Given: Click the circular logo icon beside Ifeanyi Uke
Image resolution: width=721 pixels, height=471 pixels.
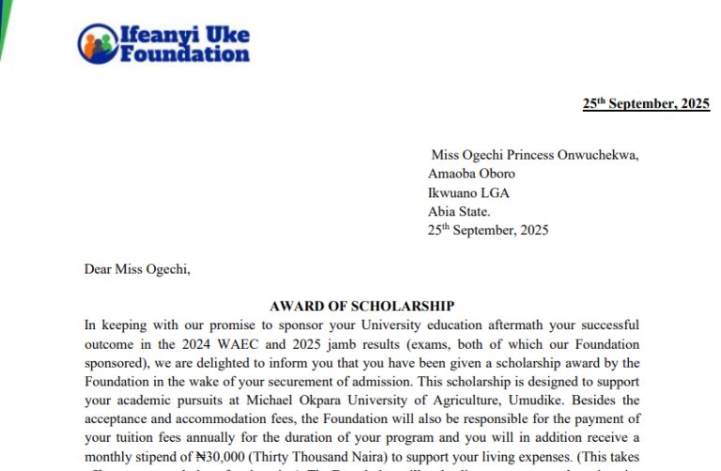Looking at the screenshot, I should coord(96,43).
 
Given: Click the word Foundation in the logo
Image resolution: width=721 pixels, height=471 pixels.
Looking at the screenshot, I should coord(185,53).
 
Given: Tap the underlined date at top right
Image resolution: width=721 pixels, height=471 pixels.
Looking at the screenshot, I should coord(646,104).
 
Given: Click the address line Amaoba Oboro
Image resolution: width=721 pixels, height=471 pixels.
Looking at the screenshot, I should coord(471,174).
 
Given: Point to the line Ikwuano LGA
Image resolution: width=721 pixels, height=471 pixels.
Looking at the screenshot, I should coord(468,192).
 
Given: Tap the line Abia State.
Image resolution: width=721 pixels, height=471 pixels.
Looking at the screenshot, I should coord(459,211).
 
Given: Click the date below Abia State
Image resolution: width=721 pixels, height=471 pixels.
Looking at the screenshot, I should coord(488,230).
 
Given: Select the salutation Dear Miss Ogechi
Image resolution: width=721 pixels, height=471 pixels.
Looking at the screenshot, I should coord(137,269).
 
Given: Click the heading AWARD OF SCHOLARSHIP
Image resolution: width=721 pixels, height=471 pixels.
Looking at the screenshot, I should coord(361,306).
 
